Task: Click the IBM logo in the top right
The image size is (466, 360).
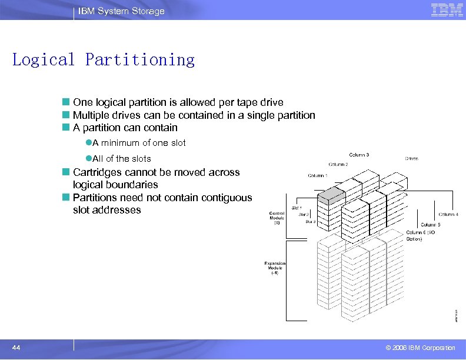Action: [447, 9]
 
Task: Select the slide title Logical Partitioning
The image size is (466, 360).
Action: [104, 59]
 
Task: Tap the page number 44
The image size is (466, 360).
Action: [16, 348]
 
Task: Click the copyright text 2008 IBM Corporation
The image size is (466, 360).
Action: [417, 348]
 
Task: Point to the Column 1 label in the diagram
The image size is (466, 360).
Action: [318, 175]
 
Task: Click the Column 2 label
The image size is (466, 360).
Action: [338, 164]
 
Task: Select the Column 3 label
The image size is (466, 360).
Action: [359, 155]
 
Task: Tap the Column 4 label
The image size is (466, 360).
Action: [448, 214]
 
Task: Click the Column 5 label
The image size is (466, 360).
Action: [431, 224]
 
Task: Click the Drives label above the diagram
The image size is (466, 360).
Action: [411, 158]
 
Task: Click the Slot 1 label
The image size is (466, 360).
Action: [297, 208]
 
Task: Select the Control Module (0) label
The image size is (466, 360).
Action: [277, 218]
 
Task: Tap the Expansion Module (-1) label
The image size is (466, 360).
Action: [275, 268]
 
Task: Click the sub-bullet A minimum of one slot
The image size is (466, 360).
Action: [139, 143]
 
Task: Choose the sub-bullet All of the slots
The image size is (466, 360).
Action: [122, 159]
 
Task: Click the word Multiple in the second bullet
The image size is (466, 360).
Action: [89, 115]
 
